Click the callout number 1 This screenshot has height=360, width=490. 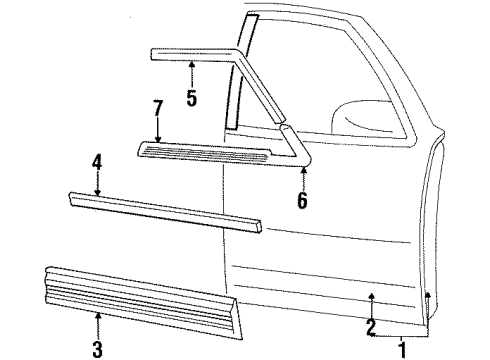[403, 349]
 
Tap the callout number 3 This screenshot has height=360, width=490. [97, 349]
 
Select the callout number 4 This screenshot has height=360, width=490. [97, 161]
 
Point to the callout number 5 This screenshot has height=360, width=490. [191, 99]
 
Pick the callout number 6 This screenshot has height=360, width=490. [303, 200]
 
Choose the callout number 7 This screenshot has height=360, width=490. [157, 107]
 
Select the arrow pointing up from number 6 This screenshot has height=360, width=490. [303, 174]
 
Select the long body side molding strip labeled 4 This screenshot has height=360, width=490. [165, 211]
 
